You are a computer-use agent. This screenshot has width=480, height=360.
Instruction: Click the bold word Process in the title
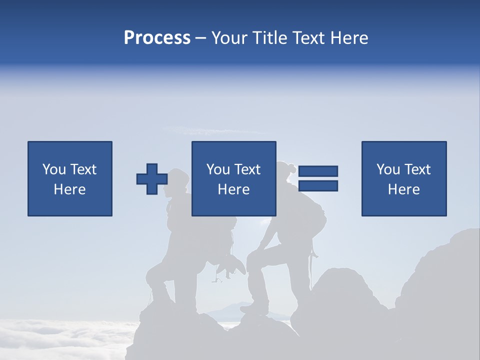[x=157, y=38]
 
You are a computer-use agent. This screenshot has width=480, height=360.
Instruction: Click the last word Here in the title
[x=350, y=38]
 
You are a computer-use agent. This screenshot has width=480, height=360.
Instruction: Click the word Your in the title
[x=229, y=38]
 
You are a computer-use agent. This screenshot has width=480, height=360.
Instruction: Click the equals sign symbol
[x=318, y=178]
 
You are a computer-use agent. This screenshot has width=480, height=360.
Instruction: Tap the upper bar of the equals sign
[x=318, y=171]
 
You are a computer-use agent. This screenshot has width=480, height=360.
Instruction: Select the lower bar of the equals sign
[x=318, y=185]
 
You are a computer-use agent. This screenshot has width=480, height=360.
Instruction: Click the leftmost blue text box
[x=70, y=178]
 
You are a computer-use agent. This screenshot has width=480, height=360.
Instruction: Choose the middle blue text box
[x=233, y=178]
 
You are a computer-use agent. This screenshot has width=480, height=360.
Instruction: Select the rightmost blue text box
[x=404, y=178]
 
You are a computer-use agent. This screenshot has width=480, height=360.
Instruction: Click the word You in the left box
[x=54, y=169]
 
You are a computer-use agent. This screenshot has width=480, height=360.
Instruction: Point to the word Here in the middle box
[x=233, y=189]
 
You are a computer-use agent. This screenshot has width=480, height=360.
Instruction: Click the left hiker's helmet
[x=178, y=176]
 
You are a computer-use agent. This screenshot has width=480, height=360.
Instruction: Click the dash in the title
[x=201, y=38]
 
